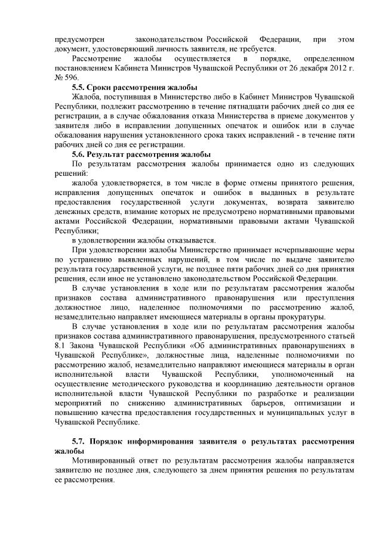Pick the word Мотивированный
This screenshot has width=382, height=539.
click(x=106, y=461)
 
